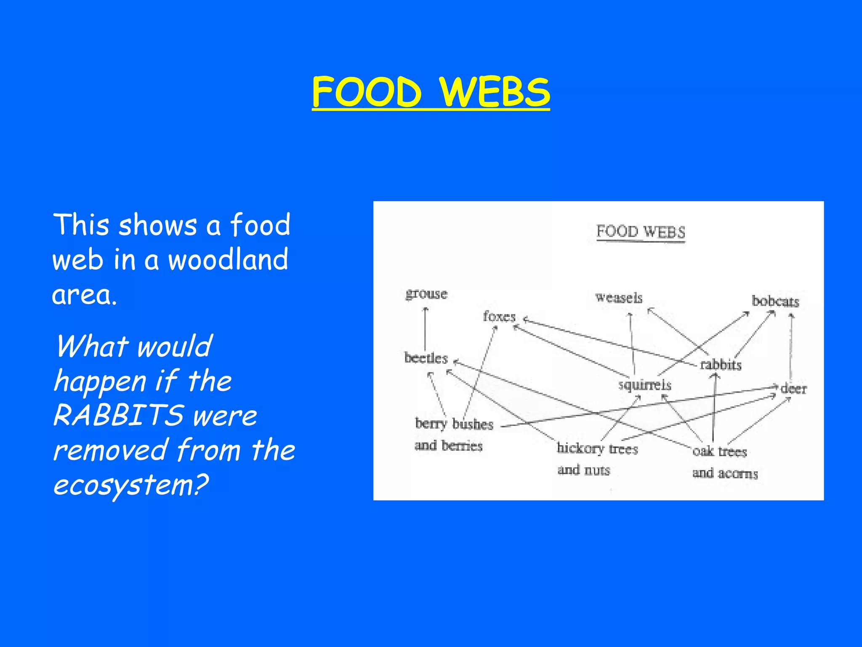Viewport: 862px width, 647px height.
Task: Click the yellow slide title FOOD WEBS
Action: tap(431, 92)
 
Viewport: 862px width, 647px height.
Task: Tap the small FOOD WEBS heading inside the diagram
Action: tap(641, 232)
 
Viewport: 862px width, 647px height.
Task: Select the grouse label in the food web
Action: tap(426, 294)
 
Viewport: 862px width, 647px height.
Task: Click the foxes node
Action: tap(499, 316)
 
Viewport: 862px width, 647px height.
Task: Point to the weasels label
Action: tap(619, 298)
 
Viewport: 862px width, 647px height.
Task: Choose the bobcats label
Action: tap(775, 301)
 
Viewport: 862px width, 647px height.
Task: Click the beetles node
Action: tap(426, 358)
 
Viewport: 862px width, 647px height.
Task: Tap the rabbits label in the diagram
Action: tap(721, 364)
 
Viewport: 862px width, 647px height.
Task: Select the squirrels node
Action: tap(644, 385)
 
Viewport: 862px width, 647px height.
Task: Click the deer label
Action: tap(794, 388)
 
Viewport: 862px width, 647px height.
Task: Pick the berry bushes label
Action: tap(454, 424)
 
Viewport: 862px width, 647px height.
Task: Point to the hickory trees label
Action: tap(597, 449)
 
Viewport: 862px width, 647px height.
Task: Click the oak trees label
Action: tap(720, 452)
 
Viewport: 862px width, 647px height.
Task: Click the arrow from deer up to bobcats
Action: tap(791, 348)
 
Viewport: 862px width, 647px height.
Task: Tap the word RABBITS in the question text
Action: tap(118, 415)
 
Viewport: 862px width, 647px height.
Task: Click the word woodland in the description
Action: tap(228, 259)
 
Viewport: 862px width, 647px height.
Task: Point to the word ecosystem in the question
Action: tap(130, 485)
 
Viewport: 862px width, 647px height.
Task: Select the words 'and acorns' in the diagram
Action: tap(725, 473)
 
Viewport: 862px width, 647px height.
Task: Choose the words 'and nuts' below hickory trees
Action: tap(583, 470)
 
